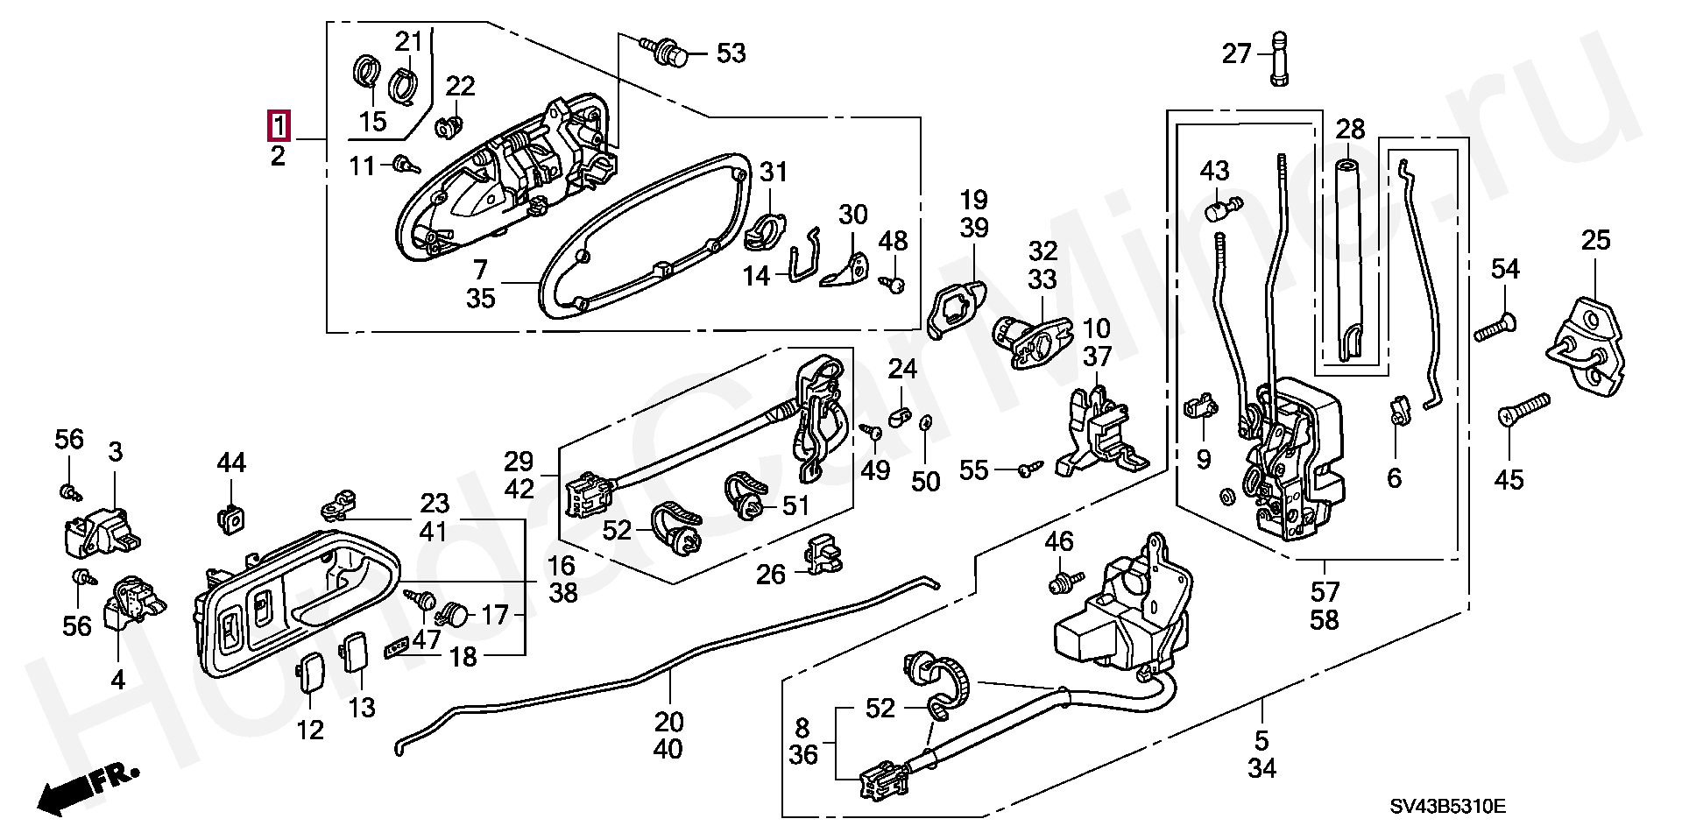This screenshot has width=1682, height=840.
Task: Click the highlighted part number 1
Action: click(278, 127)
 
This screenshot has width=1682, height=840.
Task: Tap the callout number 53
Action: click(731, 53)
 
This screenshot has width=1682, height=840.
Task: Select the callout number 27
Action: click(1236, 54)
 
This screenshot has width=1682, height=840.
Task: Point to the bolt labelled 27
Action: click(1279, 58)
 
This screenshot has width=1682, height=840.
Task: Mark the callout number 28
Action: click(1350, 130)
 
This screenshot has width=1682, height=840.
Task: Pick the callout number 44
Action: click(231, 462)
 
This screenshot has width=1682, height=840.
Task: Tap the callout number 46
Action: click(1058, 541)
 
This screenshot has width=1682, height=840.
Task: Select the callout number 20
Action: click(668, 724)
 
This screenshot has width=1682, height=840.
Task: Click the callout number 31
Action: click(774, 173)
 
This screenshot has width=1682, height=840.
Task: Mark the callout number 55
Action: click(974, 470)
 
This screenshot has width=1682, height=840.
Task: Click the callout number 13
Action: click(362, 707)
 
